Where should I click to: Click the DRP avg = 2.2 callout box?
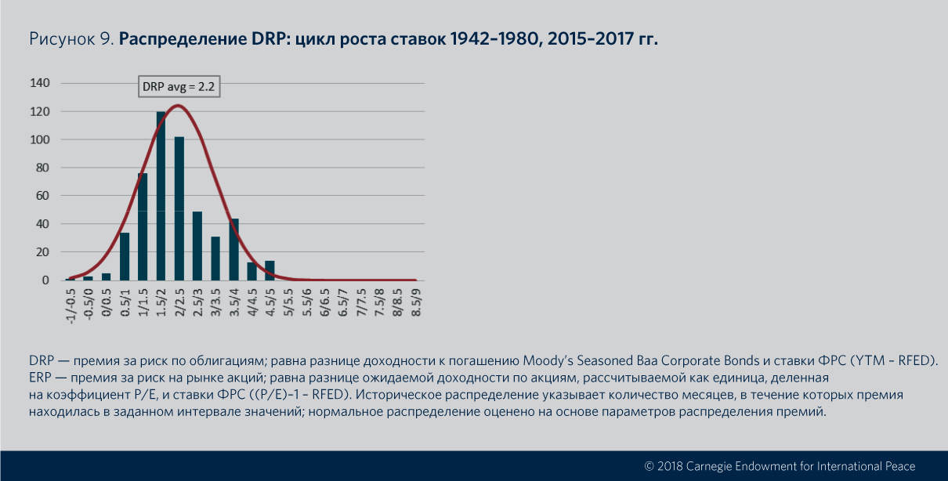coord(179,87)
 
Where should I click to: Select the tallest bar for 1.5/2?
coord(161,196)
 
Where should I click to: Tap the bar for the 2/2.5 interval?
coord(179,208)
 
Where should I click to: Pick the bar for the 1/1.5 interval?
coord(143,226)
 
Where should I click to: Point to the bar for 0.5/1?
coord(125,256)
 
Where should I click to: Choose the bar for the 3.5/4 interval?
coord(233,249)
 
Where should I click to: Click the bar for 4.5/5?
coord(270,270)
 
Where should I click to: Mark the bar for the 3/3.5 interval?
coord(215,259)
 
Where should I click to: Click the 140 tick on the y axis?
coord(40,83)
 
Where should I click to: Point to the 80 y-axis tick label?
coord(43,168)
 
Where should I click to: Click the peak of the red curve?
coord(178,105)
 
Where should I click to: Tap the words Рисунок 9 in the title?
coord(70,39)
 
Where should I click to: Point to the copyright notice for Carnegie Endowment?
coord(779,466)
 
